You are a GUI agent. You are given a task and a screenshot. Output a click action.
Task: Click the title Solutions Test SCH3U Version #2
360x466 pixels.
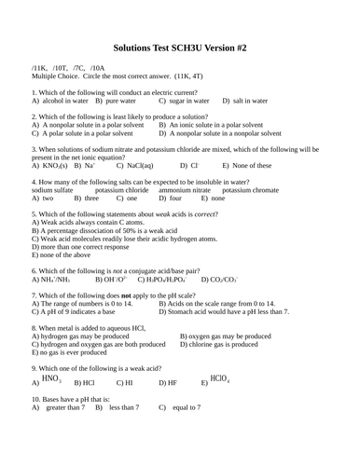[179, 46]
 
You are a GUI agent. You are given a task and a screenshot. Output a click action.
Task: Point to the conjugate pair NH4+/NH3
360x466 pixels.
[48, 280]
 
